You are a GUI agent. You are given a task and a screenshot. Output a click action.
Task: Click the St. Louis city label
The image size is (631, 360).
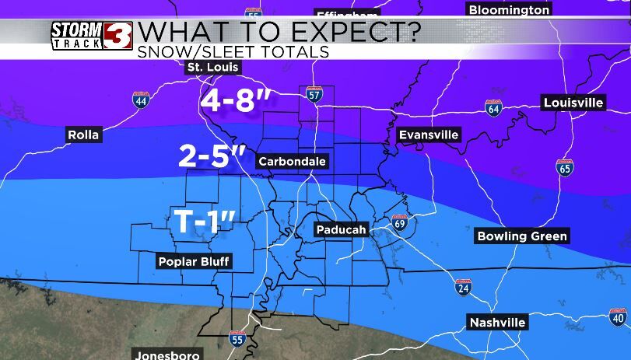coord(213,68)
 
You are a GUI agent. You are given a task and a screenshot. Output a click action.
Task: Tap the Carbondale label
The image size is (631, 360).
coord(292,162)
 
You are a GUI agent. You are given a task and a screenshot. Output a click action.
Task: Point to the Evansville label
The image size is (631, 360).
coord(429,135)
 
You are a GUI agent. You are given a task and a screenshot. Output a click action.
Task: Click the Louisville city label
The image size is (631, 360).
coord(573,103)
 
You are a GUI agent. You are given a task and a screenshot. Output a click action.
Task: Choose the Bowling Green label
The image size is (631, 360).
coord(522,236)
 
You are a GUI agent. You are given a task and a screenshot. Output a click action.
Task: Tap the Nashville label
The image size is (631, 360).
coord(498,322)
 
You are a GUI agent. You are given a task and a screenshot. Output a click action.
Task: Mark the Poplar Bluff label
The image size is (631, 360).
coord(194,261)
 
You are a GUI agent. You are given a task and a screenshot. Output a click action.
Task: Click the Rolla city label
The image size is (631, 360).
coord(83,135)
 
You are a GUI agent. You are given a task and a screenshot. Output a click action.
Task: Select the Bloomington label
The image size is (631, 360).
coord(509,10)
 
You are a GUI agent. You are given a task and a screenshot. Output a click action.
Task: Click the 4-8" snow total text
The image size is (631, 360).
coord(238,100)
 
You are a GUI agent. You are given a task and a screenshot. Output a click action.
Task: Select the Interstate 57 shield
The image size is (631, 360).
coord(314,93)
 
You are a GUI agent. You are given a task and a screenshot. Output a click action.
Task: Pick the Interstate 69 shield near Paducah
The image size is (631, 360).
coord(400,223)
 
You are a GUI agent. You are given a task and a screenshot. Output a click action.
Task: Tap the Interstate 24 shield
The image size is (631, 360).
coord(462,287)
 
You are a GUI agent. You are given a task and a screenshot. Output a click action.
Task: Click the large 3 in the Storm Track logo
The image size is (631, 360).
coord(122,36)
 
